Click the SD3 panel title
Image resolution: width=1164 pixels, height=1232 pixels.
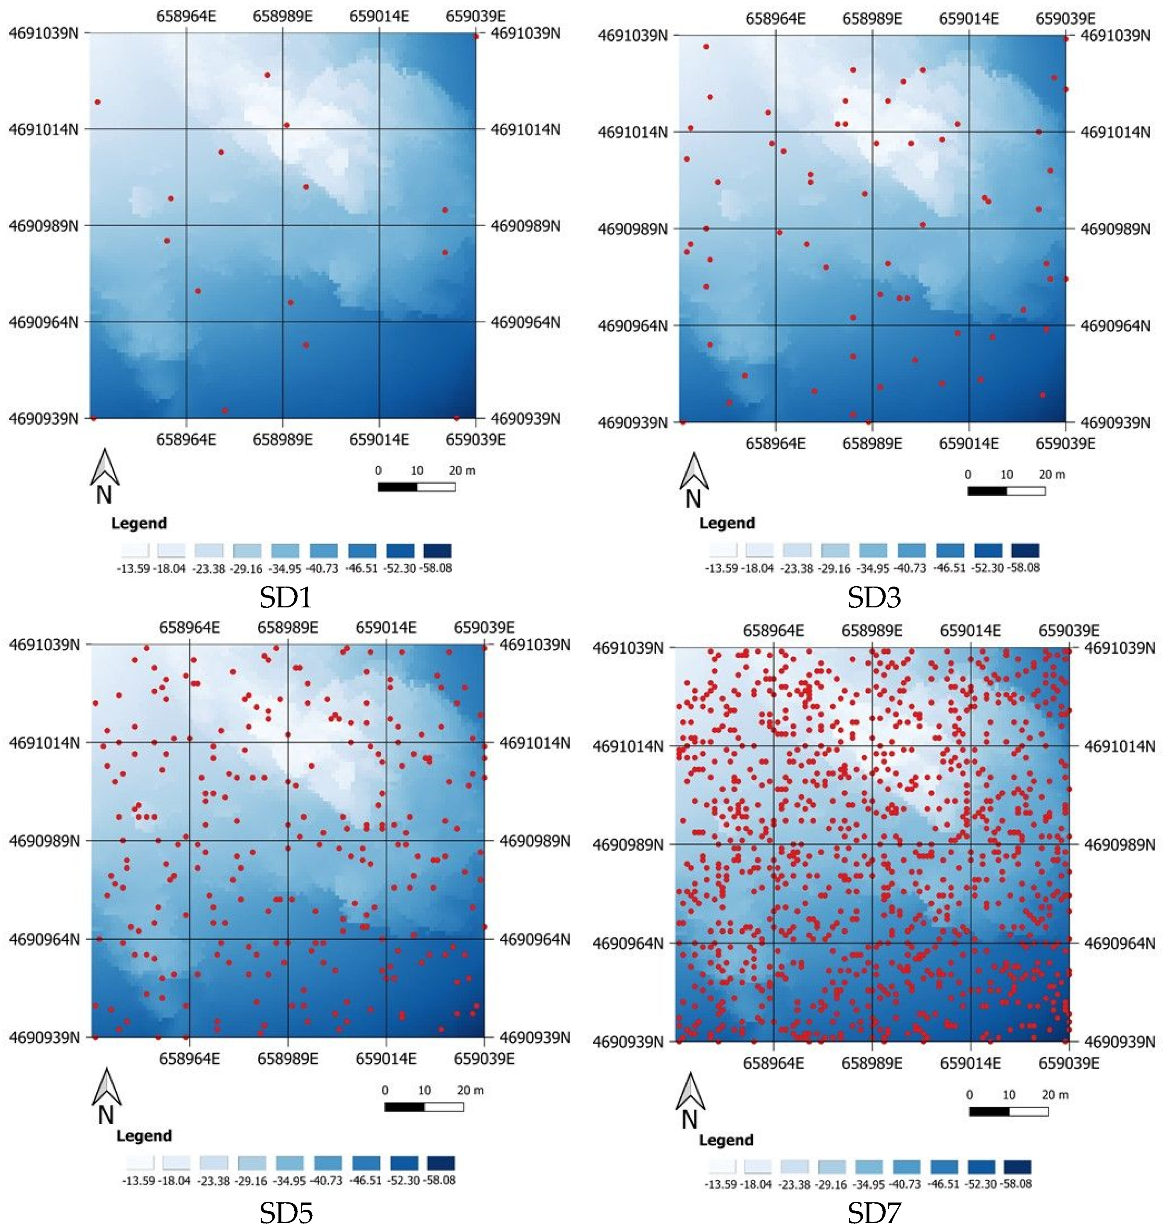click(874, 597)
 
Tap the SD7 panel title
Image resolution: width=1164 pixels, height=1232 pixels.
click(874, 1213)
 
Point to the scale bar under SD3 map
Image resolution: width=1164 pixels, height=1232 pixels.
click(1006, 491)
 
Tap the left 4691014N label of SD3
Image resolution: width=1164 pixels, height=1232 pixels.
click(632, 132)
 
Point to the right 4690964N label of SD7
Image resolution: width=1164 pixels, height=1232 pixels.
click(1119, 943)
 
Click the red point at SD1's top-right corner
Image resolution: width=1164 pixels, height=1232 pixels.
click(476, 36)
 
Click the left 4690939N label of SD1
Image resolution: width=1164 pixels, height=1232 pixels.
click(44, 419)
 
